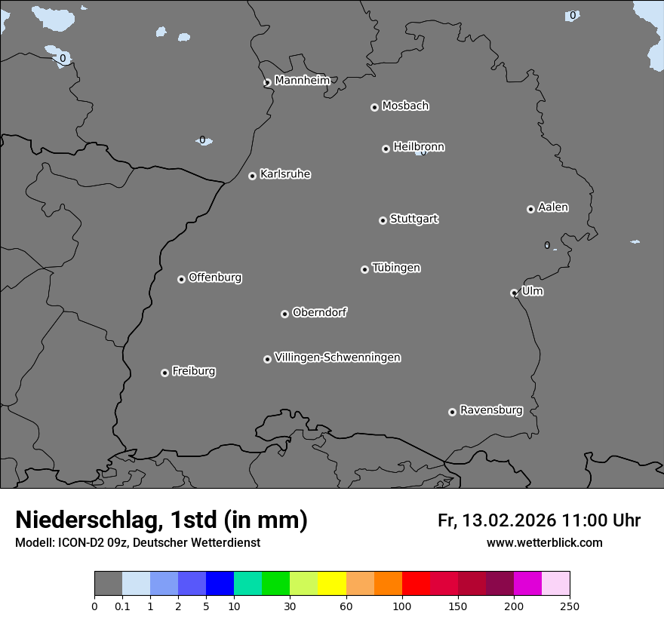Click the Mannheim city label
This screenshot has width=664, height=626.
(302, 80)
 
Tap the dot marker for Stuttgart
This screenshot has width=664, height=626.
(383, 220)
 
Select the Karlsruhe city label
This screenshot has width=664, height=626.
(285, 174)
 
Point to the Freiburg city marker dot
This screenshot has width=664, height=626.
(164, 373)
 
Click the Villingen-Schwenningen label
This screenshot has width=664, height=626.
(337, 357)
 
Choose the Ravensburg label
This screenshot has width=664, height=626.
(491, 410)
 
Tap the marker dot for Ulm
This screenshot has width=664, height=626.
(514, 293)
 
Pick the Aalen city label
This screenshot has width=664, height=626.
(553, 207)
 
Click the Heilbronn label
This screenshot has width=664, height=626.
(419, 147)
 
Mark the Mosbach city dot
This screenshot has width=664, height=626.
(374, 107)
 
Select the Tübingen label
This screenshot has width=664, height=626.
(396, 268)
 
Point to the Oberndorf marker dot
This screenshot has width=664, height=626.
(284, 314)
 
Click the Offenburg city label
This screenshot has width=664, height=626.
(215, 278)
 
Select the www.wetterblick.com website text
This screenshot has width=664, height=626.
(544, 543)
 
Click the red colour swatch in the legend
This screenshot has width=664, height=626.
(416, 584)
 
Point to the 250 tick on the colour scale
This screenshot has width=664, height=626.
(570, 606)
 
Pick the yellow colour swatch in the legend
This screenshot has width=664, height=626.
(332, 584)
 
